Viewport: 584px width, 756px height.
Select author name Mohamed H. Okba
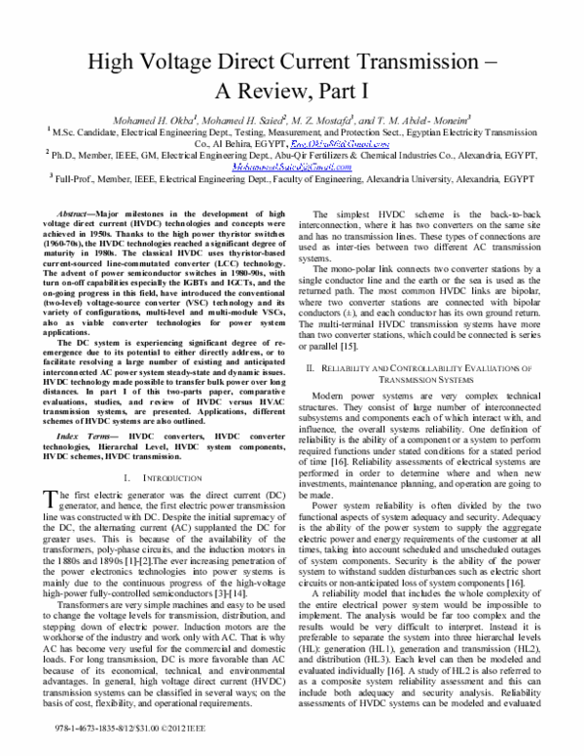tap(174, 120)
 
